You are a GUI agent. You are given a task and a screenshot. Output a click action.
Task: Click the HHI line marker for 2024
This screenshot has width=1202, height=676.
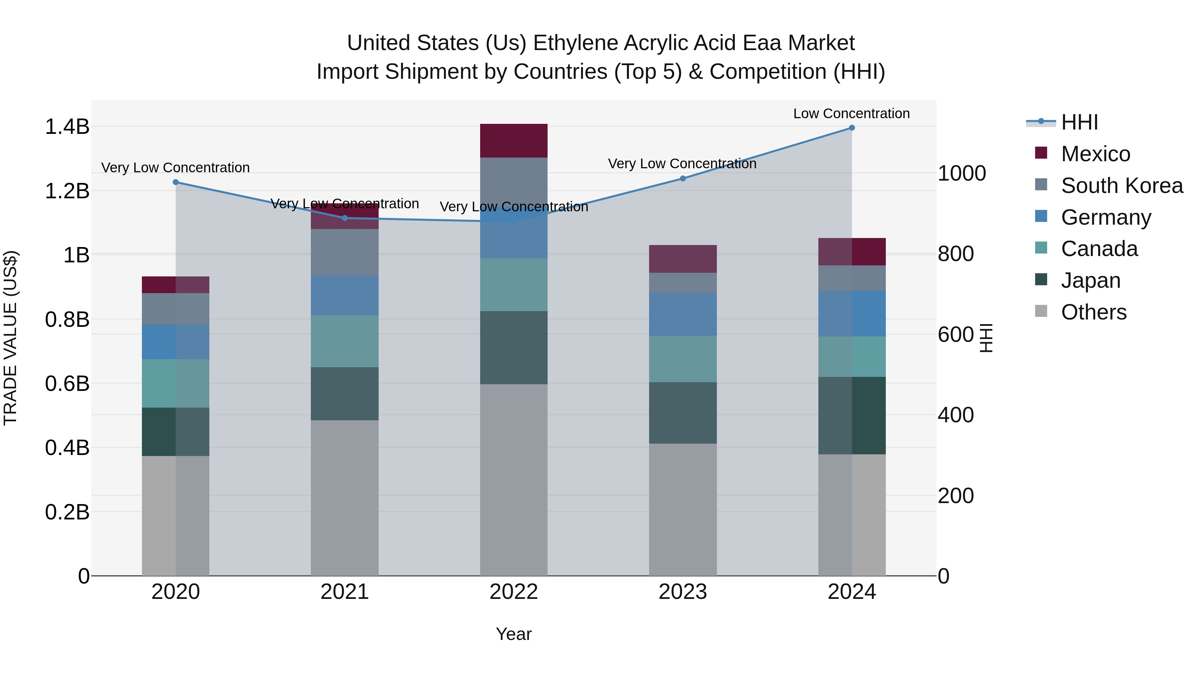point(851,128)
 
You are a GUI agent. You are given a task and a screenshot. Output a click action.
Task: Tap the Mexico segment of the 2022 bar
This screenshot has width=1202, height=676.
point(514,141)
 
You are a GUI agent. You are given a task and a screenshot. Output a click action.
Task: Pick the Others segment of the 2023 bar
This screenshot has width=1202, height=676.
point(683,509)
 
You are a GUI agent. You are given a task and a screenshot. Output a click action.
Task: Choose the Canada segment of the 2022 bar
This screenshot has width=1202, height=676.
point(514,284)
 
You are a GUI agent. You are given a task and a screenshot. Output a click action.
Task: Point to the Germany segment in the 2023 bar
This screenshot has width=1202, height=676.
point(683,314)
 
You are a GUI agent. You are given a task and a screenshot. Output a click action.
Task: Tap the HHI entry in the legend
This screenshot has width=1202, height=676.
point(1079,122)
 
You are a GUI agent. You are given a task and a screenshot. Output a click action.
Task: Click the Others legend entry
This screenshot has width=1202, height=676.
point(1093,312)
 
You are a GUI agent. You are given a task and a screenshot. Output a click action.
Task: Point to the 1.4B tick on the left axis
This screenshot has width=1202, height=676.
point(67,127)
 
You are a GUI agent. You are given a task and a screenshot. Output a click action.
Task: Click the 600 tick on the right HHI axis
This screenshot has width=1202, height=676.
point(956,334)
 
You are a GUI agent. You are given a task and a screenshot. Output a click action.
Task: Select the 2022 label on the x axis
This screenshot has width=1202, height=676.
point(514,592)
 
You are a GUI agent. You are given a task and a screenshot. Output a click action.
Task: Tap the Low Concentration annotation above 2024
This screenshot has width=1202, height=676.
point(851,114)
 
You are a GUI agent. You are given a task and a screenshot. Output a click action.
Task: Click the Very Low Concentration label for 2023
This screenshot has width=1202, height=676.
point(682,164)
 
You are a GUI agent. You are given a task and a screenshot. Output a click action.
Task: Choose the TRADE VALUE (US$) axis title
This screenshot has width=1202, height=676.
point(10,338)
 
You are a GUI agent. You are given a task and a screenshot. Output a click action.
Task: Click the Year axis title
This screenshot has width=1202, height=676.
point(514,634)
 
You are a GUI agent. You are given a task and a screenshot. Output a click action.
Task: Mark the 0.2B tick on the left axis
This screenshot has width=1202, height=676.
point(67,512)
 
